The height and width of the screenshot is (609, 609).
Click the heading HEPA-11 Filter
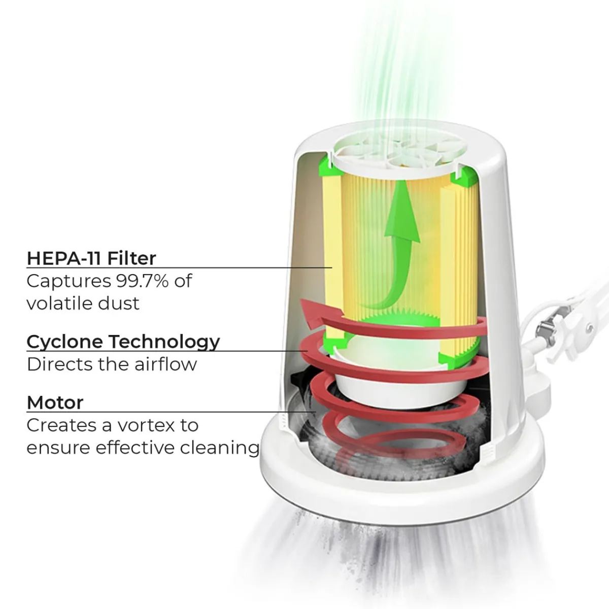point(91,258)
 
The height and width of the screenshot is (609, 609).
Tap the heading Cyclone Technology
point(123,342)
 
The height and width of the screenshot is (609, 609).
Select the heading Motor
point(55,402)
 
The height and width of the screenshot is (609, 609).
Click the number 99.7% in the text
point(142,281)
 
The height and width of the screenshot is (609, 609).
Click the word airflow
point(165,364)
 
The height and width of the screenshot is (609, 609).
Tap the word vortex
point(146,425)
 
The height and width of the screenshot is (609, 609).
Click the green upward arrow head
point(401,212)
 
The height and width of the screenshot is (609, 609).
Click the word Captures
point(69,281)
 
